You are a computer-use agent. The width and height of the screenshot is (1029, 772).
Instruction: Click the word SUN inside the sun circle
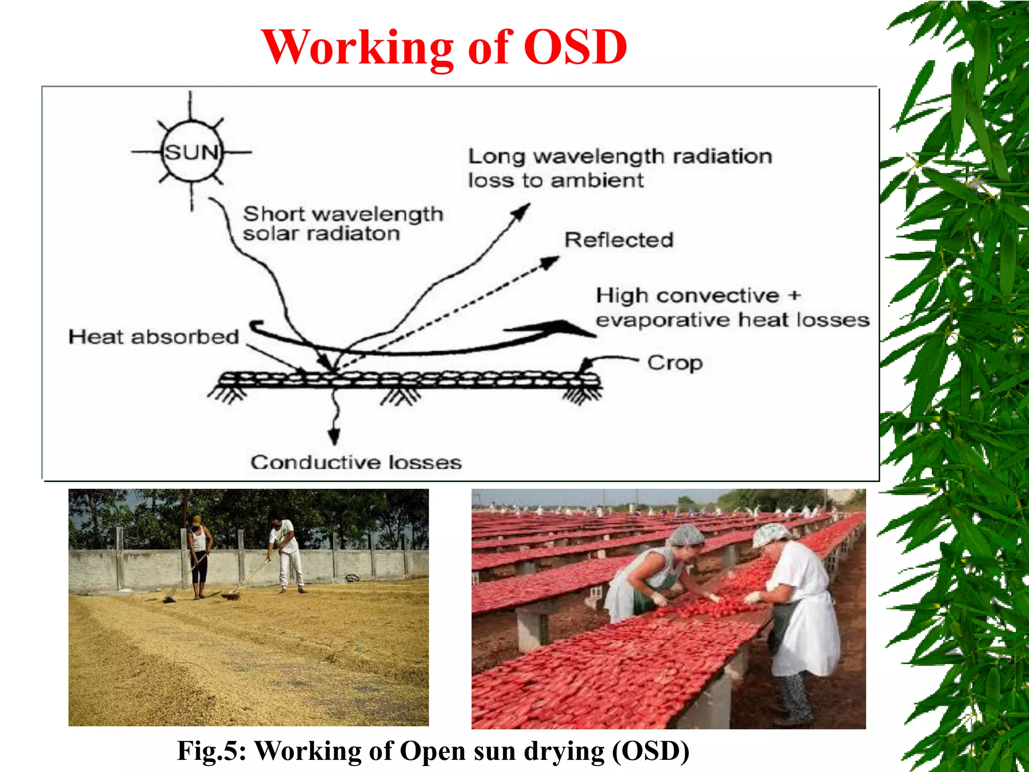191,152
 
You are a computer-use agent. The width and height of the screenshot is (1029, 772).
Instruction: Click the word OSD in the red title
575,47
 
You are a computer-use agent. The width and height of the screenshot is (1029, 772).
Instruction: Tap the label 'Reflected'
619,240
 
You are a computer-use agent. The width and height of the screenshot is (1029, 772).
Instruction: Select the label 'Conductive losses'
356,462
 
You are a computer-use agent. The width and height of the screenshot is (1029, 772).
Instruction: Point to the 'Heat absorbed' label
153,337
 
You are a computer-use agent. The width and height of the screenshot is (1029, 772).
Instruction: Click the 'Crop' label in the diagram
674,362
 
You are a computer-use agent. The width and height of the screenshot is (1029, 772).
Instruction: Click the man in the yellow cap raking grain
199,553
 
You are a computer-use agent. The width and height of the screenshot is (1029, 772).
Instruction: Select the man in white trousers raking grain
287,553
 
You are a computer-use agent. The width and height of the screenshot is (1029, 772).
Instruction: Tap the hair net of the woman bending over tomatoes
685,535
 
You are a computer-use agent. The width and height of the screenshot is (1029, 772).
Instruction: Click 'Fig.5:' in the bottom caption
212,750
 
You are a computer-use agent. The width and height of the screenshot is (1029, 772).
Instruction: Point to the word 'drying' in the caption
564,751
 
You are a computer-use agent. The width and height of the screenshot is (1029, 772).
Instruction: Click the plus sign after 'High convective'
794,295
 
